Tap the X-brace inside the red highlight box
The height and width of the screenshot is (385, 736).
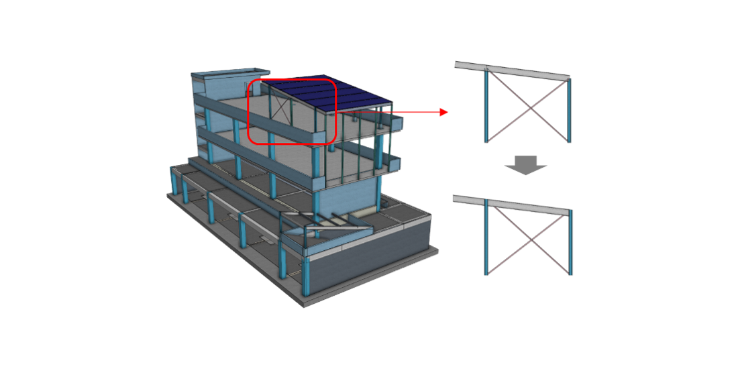coord(281,111)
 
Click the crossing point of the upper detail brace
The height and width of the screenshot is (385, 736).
coord(529,106)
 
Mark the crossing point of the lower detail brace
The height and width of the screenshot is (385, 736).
coord(529,239)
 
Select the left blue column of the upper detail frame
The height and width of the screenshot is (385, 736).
coord(485,104)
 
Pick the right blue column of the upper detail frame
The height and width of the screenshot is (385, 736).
coord(570,111)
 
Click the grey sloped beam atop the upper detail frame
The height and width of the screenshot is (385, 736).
coord(513,70)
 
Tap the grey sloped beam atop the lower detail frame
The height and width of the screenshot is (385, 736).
coord(513,204)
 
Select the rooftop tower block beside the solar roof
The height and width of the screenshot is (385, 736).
coord(221,83)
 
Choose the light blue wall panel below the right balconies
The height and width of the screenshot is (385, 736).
coord(349,195)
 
